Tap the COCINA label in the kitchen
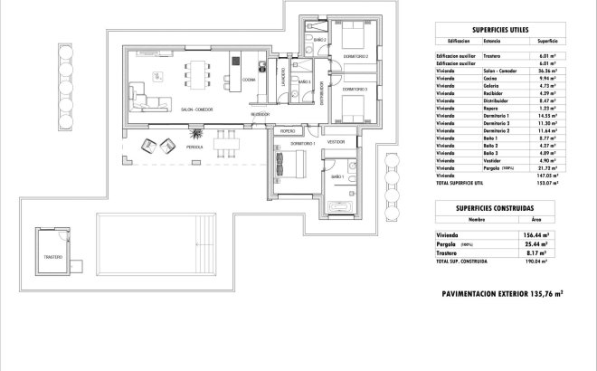[x=248, y=80]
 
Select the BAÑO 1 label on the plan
[x=337, y=176]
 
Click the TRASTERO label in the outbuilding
[x=52, y=258]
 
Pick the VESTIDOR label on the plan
[x=336, y=142]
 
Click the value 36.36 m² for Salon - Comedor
[x=546, y=71]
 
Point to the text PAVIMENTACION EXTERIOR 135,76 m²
[x=502, y=293]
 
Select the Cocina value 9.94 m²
[x=546, y=78]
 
